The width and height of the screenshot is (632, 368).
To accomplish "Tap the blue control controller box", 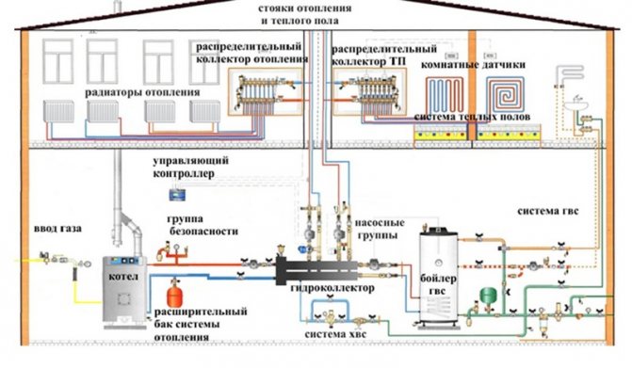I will (174, 194).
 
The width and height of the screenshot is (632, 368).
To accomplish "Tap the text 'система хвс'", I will (334, 334).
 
